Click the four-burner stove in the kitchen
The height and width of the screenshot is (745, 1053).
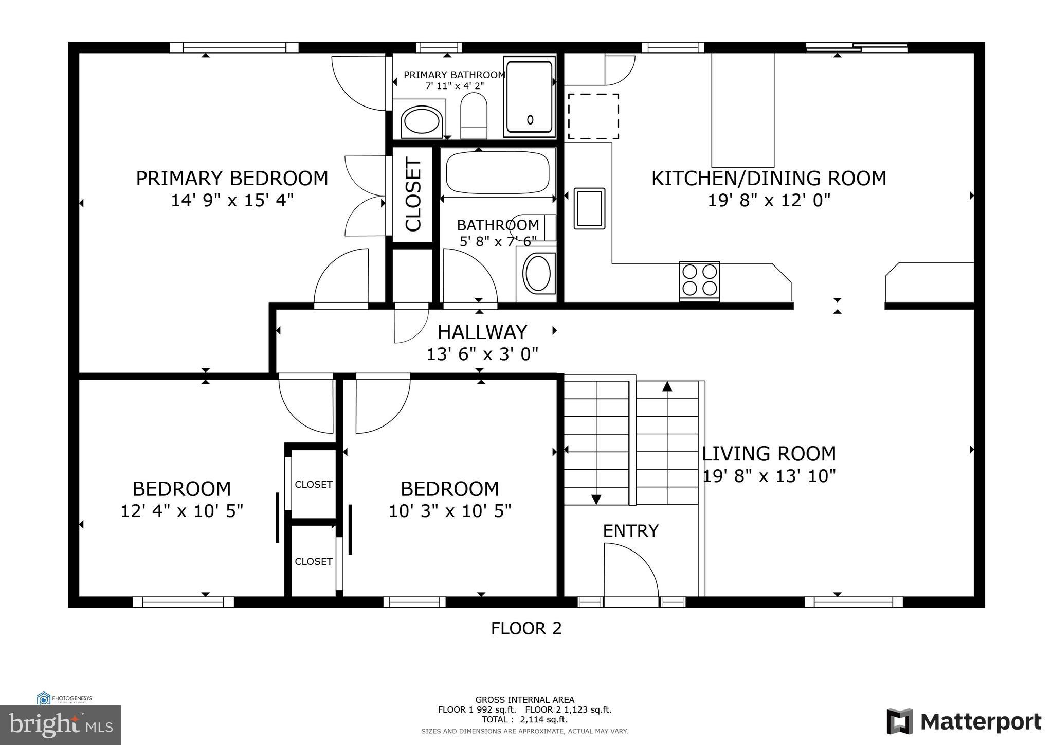point(699,280)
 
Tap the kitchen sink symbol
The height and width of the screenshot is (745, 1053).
point(589,208)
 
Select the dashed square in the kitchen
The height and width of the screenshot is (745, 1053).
point(593,116)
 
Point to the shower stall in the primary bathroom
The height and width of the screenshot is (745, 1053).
point(529,97)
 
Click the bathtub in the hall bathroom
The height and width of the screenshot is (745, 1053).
point(497,172)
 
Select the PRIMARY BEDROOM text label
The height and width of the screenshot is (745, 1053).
point(232,179)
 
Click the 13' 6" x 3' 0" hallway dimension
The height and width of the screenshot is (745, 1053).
point(482,354)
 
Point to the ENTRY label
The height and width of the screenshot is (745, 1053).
point(630,531)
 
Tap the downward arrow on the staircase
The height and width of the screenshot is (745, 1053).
point(596,499)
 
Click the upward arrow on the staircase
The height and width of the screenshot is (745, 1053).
point(667,386)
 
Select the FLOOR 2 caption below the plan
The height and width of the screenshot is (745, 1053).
point(526,628)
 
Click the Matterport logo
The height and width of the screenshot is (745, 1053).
point(964,722)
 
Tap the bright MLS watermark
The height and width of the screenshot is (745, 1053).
point(61,725)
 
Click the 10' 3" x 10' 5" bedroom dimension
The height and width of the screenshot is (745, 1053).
point(450,511)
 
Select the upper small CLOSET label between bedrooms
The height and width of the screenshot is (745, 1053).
point(313,484)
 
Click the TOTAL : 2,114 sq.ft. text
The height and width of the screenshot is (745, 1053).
point(524,719)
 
